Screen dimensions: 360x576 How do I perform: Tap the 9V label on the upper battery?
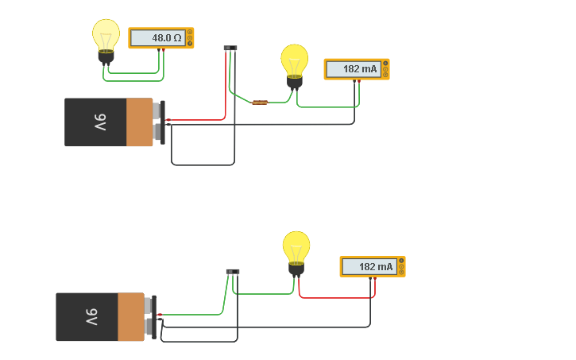click(100, 122)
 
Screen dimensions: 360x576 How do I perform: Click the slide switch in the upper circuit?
click(230, 48)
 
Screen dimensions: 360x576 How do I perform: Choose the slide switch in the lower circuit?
click(233, 272)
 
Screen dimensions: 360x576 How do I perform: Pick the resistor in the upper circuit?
click(260, 102)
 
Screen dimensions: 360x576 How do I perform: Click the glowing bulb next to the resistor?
click(294, 62)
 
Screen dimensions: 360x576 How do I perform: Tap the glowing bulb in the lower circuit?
click(296, 249)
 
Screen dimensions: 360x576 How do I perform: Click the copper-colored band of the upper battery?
click(139, 122)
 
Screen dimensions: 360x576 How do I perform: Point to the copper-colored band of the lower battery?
click(130, 317)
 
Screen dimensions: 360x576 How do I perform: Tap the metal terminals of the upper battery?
click(158, 122)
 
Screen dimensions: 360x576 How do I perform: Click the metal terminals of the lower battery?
click(149, 317)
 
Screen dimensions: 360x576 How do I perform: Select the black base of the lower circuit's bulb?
click(296, 269)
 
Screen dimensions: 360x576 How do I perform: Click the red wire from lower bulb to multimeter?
click(334, 297)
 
